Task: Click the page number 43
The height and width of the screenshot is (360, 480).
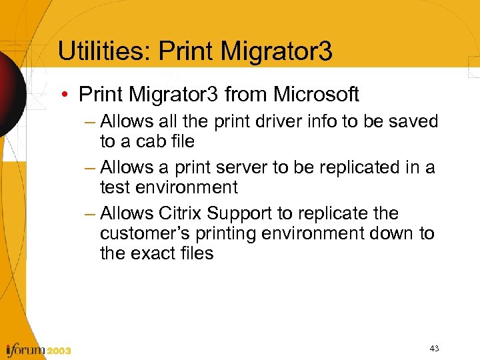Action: (433, 348)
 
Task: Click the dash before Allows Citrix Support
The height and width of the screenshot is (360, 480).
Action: (91, 213)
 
